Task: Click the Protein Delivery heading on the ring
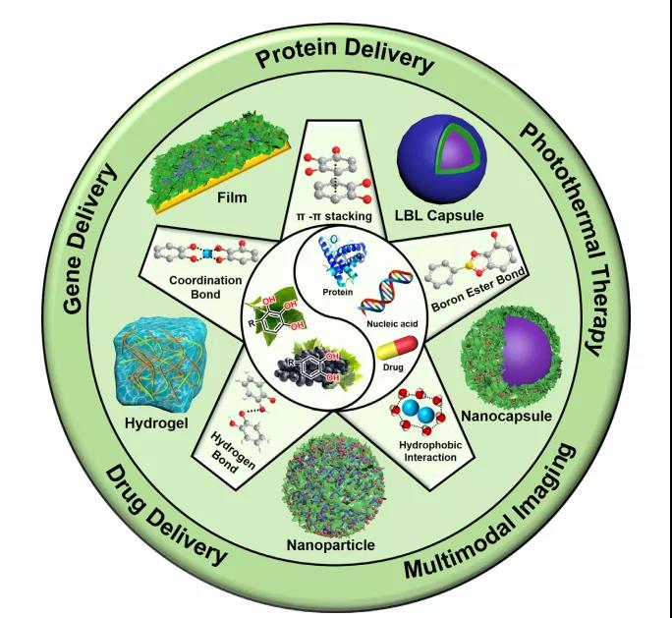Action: [345, 61]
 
